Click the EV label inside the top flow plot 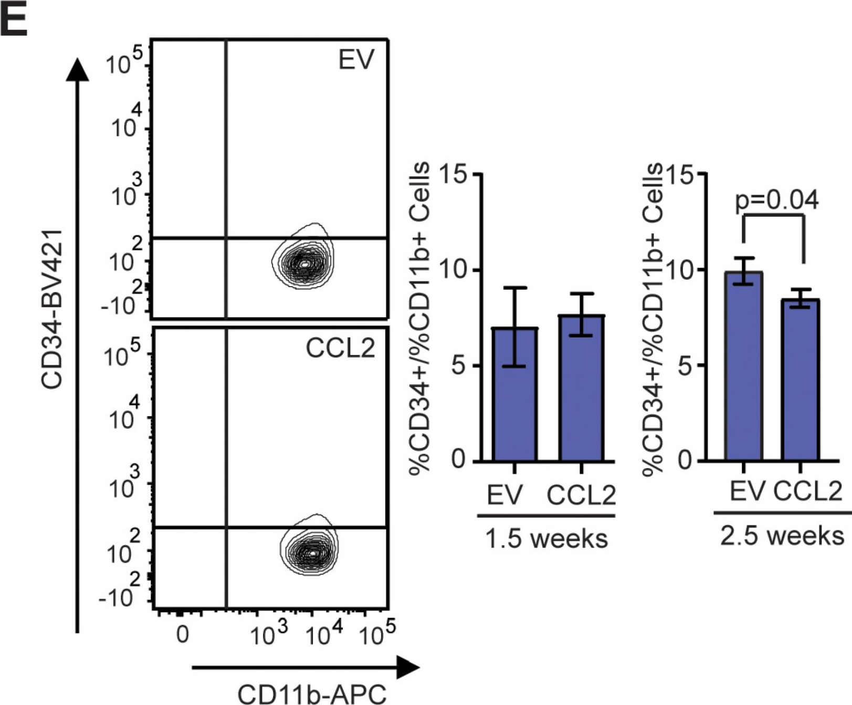[x=356, y=59]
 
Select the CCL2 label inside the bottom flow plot [x=340, y=348]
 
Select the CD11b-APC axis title [x=312, y=693]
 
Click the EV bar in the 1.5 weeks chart [x=514, y=399]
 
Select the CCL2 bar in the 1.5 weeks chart [x=581, y=391]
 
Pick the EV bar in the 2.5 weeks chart [x=743, y=370]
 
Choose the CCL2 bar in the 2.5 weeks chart [x=801, y=383]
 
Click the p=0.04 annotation [x=776, y=201]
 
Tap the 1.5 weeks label [x=546, y=539]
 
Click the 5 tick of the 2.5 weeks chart [x=682, y=366]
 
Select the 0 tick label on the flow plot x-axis [x=182, y=635]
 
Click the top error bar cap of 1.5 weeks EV [x=514, y=288]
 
